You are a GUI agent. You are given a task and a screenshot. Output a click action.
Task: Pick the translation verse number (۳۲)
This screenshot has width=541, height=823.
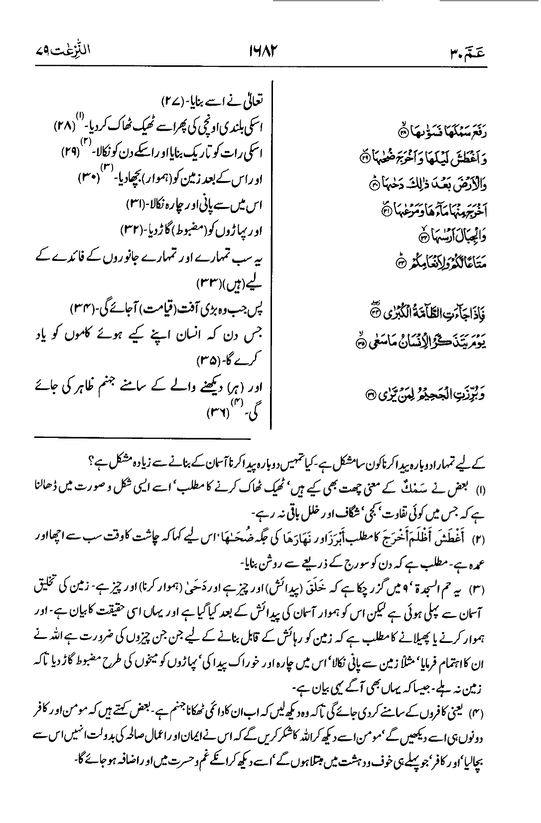point(133,230)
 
